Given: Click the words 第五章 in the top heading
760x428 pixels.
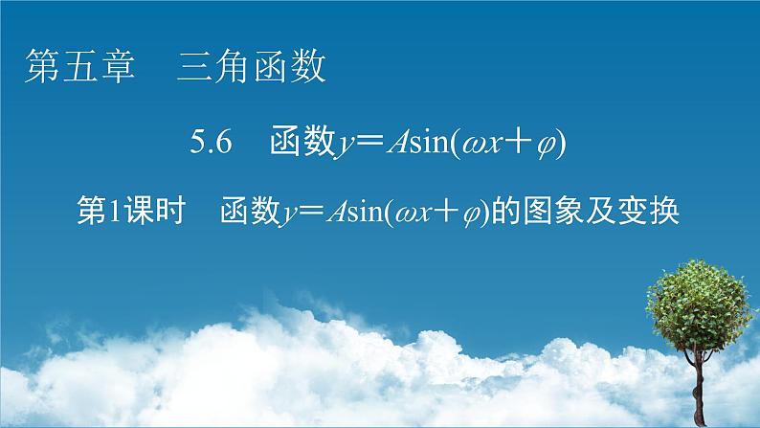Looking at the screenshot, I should coord(79,68).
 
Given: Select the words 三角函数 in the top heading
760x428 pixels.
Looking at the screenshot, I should coord(252,68).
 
